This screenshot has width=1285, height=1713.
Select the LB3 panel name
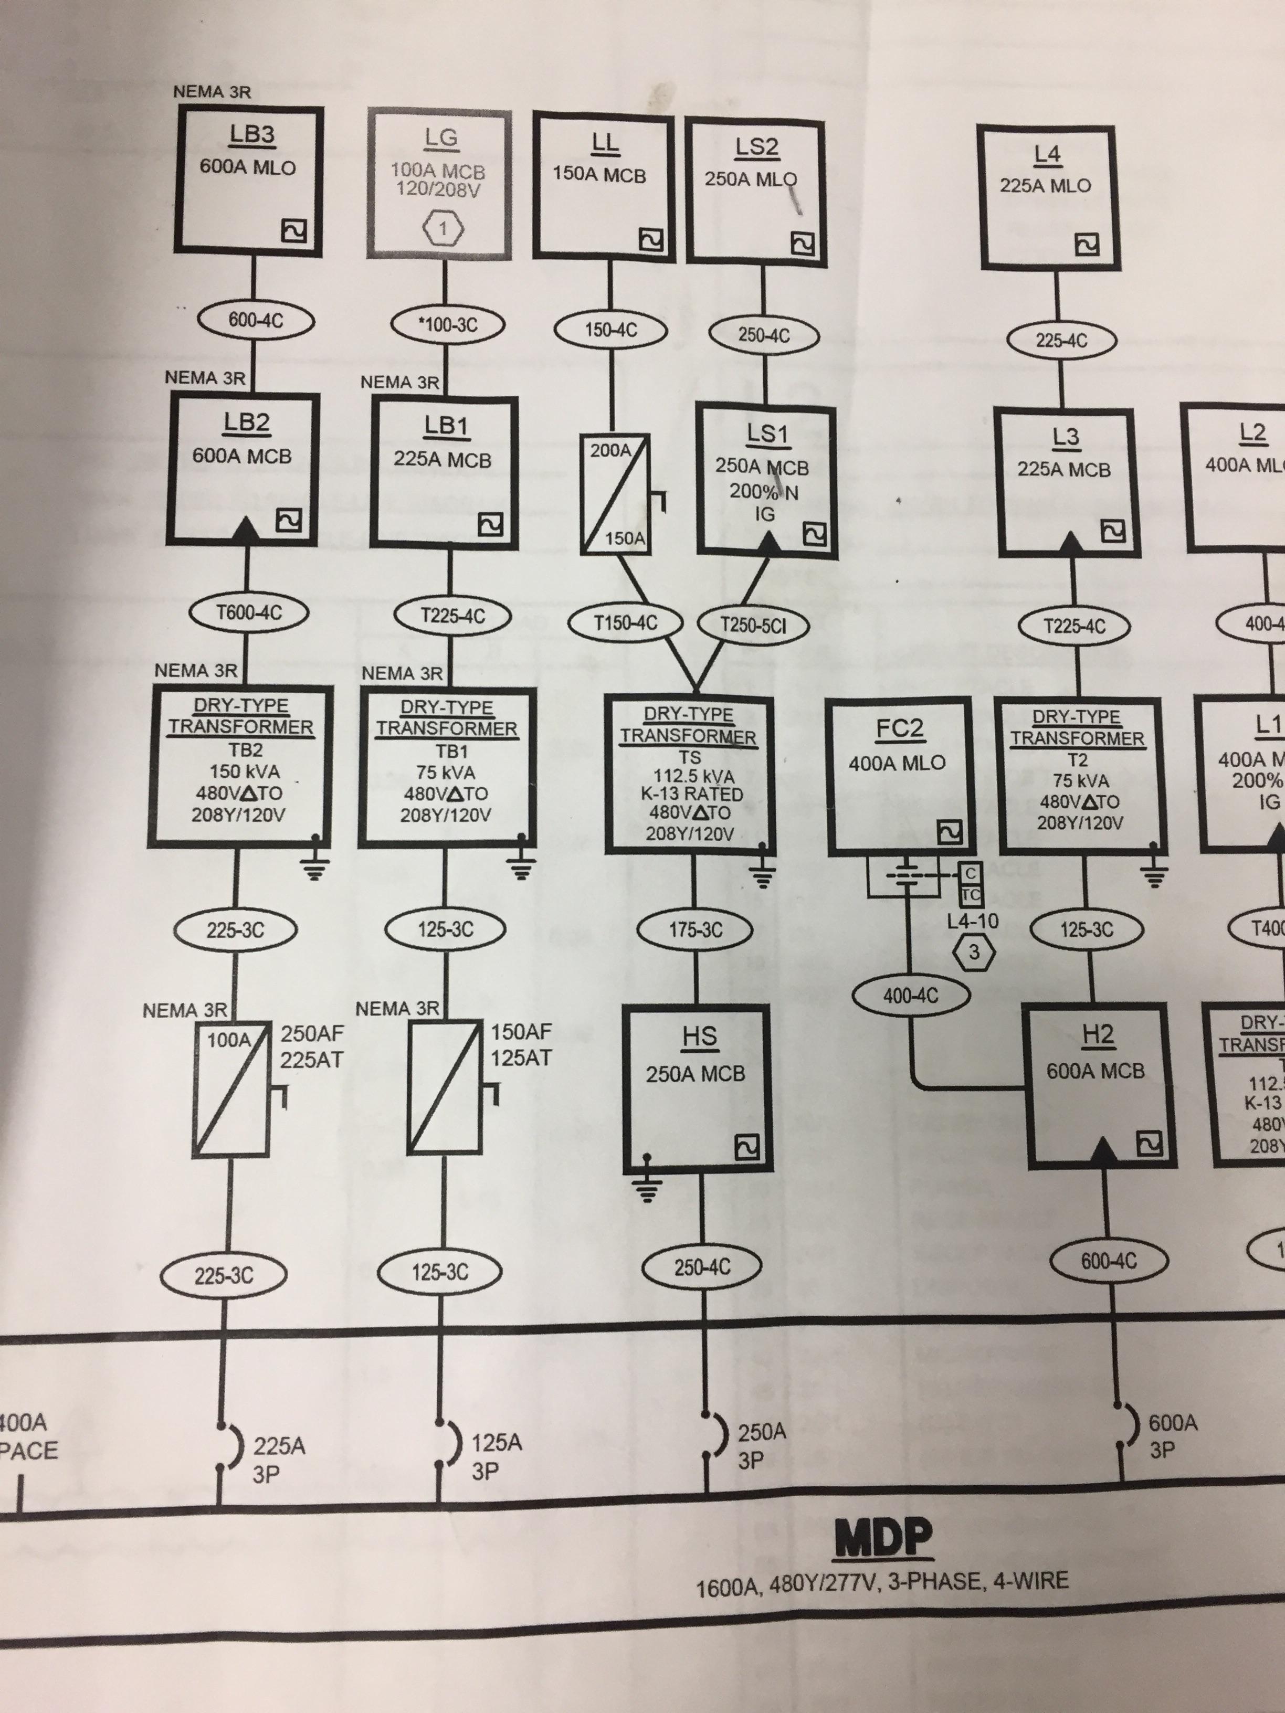(x=252, y=135)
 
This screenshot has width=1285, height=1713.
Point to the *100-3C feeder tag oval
(x=448, y=324)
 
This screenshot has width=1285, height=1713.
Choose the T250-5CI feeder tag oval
(x=753, y=625)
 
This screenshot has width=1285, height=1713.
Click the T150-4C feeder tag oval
(x=625, y=622)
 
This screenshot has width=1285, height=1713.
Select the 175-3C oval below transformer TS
(x=695, y=929)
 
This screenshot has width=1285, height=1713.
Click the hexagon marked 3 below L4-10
(x=974, y=951)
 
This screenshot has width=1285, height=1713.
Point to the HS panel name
(x=699, y=1036)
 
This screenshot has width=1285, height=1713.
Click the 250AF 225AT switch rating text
(x=311, y=1045)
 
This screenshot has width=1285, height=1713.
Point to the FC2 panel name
(x=899, y=729)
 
